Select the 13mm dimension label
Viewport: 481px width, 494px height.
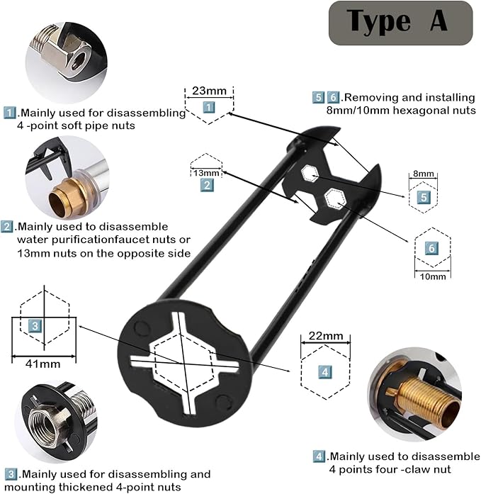(x=207, y=173)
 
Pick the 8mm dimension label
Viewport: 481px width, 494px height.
(x=422, y=174)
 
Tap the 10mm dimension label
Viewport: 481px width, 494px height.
(x=432, y=276)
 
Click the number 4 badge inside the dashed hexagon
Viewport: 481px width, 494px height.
(x=324, y=371)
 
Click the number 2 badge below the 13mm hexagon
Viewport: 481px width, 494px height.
(x=207, y=186)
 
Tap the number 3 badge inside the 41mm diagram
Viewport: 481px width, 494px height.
(x=35, y=325)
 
